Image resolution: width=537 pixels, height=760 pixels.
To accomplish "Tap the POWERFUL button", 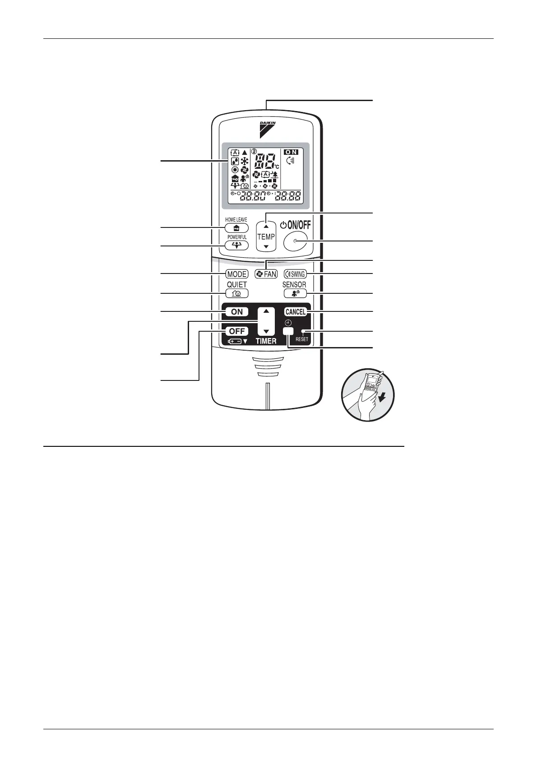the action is tap(236, 246).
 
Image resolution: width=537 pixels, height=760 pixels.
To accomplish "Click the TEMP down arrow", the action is tap(266, 246).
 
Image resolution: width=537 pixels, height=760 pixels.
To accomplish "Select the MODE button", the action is tap(236, 274).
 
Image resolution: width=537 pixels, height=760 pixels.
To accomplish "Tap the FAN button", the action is tap(266, 274).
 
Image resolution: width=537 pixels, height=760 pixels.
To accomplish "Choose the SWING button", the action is tap(295, 274).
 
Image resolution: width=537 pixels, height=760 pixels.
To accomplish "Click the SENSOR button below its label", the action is tap(295, 293).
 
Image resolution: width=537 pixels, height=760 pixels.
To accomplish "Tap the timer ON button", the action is tap(236, 312).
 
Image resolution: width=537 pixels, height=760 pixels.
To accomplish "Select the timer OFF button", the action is tap(236, 331).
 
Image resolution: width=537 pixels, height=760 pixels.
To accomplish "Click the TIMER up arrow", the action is tap(266, 311).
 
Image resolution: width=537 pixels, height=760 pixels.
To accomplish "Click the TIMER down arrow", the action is tap(266, 331).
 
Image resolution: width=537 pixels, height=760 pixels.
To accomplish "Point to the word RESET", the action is tap(302, 339).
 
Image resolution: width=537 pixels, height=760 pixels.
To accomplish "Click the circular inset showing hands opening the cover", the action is tap(367, 394).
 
